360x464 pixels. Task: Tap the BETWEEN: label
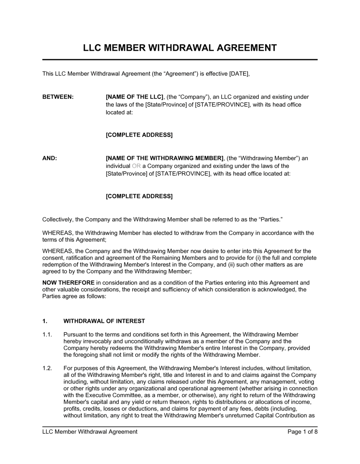pyautogui.click(x=58, y=97)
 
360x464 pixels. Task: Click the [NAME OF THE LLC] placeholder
pyautogui.click(x=135, y=97)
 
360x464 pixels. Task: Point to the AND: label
pyautogui.click(x=50, y=158)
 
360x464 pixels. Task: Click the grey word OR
pyautogui.click(x=136, y=166)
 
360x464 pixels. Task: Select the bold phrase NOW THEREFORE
pyautogui.click(x=68, y=283)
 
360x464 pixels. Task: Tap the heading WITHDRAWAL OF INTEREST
pyautogui.click(x=104, y=321)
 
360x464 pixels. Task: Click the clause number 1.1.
pyautogui.click(x=48, y=335)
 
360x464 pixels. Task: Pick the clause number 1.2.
pyautogui.click(x=48, y=368)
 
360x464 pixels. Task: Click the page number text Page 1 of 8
pyautogui.click(x=302, y=432)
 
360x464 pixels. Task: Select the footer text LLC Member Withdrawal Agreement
pyautogui.click(x=90, y=432)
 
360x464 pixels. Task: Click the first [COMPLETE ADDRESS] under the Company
pyautogui.click(x=139, y=135)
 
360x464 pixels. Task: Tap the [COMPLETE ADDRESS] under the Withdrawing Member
pyautogui.click(x=139, y=196)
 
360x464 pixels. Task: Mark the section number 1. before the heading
pyautogui.click(x=45, y=321)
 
